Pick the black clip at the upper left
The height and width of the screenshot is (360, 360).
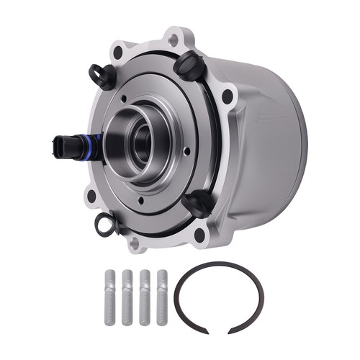coord(100,74)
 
